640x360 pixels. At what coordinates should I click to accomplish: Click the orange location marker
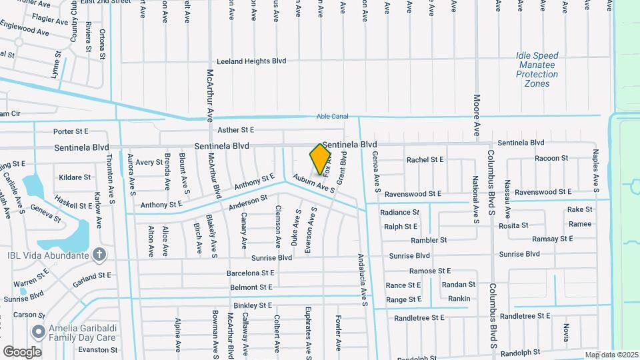[321, 159]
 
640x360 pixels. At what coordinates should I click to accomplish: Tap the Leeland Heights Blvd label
[251, 61]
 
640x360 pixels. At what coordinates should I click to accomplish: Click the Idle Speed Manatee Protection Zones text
[537, 70]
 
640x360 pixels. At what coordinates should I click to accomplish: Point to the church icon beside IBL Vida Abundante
[99, 254]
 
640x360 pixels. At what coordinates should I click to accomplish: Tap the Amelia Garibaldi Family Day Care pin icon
[37, 331]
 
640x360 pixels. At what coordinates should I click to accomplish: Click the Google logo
[22, 351]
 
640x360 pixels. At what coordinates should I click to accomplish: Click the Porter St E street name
[71, 131]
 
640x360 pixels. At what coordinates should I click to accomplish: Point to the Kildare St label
[75, 177]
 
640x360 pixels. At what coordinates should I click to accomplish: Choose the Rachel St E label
[425, 160]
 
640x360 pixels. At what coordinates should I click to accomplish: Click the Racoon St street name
[551, 159]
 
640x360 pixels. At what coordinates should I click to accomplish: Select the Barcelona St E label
[251, 273]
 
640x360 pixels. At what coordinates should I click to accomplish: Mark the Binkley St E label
[253, 305]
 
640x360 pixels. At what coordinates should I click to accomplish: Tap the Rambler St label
[429, 240]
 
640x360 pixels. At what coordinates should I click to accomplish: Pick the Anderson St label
[247, 202]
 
